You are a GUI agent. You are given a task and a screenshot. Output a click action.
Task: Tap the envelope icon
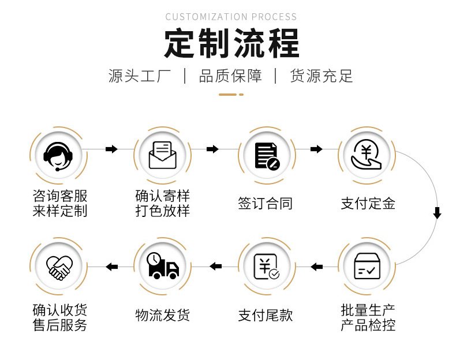(162, 154)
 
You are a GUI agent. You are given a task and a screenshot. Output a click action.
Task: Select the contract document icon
(267, 155)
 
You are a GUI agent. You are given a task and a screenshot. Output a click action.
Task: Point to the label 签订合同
(266, 203)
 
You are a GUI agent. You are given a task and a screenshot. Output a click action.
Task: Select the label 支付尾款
(266, 315)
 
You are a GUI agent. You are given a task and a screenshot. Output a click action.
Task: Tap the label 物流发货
(162, 315)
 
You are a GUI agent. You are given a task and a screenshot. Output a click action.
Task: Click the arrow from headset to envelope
(111, 149)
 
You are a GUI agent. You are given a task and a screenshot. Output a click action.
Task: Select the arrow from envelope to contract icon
(213, 149)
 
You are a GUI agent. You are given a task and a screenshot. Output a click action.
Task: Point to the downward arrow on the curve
(437, 213)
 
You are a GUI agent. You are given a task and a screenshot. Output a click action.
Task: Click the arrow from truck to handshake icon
(111, 267)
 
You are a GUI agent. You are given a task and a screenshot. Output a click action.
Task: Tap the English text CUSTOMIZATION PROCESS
(231, 17)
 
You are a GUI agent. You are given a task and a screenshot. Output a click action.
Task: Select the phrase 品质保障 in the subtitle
(230, 76)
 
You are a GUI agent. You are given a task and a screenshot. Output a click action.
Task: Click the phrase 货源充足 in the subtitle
(322, 76)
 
